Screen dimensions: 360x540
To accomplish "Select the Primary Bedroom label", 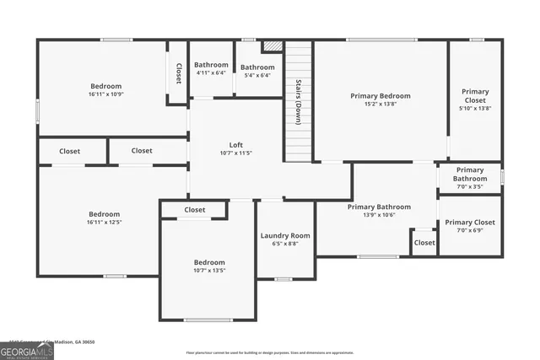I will coord(381,96).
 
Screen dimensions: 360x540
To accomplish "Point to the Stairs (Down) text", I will coord(298,103).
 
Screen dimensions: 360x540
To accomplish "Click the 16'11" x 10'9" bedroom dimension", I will coord(106,95).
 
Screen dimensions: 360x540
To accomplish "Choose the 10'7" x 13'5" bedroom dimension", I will coord(209,271).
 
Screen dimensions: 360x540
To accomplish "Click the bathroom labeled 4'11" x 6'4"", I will coord(211,73).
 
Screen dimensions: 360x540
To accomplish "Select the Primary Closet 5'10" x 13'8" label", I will coord(474,99).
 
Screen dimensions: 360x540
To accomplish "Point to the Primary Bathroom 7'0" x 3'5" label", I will coord(470,178).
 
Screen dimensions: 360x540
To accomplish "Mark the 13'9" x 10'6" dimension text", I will coord(379,215).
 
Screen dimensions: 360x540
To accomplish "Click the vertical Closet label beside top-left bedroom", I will coord(178,73).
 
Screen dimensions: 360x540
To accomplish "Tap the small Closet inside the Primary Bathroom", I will coord(424,243).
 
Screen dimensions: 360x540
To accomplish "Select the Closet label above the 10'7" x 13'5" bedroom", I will coord(195,210).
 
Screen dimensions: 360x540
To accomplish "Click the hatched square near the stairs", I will coord(272,47).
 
